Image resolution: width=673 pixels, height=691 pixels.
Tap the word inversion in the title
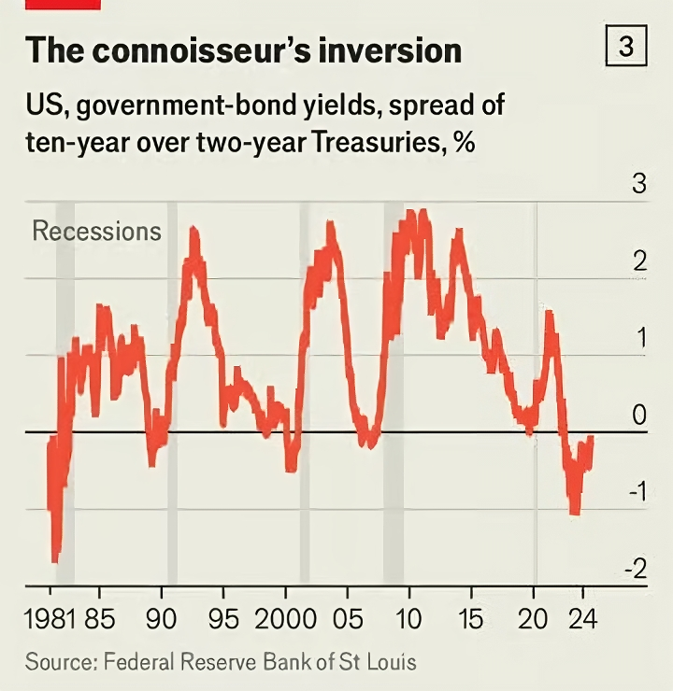403,50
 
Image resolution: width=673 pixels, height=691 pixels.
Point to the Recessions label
96,231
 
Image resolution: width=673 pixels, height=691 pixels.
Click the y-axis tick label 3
639,184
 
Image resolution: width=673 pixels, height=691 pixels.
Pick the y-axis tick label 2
639,261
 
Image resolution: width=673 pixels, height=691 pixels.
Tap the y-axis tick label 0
639,416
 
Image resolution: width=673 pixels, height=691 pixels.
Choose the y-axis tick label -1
635,492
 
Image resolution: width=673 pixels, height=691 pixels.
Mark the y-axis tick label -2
635,569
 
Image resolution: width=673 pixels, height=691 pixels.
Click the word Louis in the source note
394,663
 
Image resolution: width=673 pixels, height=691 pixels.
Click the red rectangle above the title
63,4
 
